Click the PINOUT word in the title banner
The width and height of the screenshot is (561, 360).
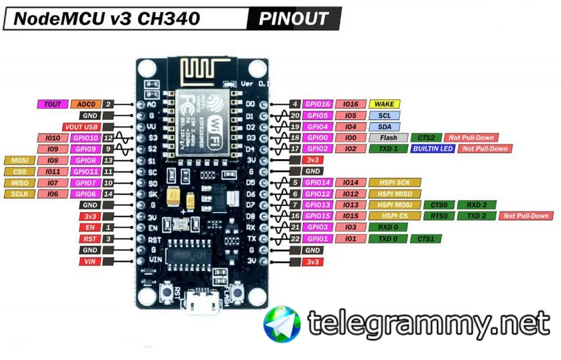pyautogui.click(x=294, y=18)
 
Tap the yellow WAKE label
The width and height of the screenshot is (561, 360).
pyautogui.click(x=385, y=104)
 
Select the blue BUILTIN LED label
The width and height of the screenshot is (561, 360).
pyautogui.click(x=434, y=149)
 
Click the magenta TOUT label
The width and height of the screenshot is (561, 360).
pyautogui.click(x=53, y=104)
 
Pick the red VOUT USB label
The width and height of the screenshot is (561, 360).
pyautogui.click(x=80, y=127)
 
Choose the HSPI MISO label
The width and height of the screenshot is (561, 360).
pyautogui.click(x=395, y=194)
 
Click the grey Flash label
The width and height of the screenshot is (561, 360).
pyautogui.click(x=388, y=137)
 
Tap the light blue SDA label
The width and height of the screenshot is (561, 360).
pyautogui.click(x=385, y=127)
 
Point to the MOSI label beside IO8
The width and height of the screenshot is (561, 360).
pyautogui.click(x=19, y=160)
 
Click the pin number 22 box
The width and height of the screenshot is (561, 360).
pyautogui.click(x=295, y=239)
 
